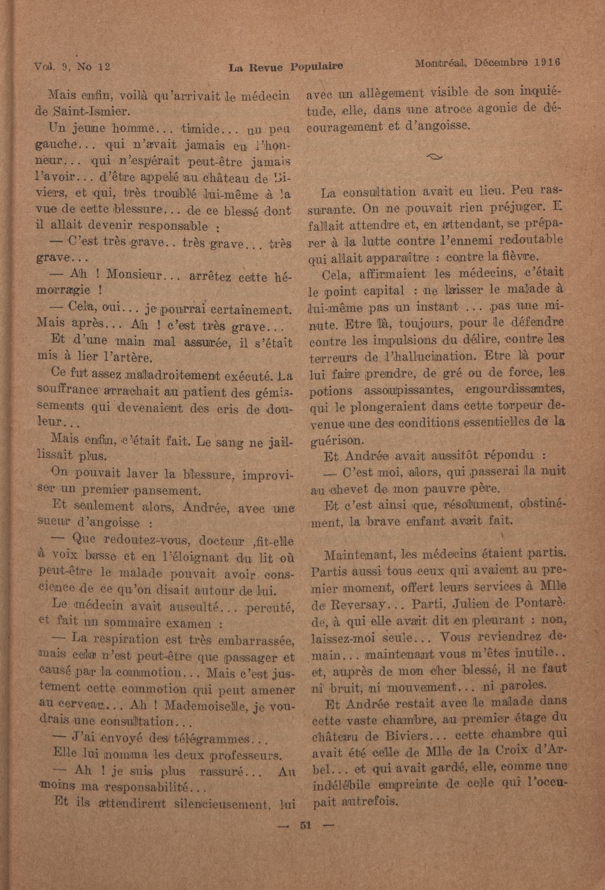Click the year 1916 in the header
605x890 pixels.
pos(547,62)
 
